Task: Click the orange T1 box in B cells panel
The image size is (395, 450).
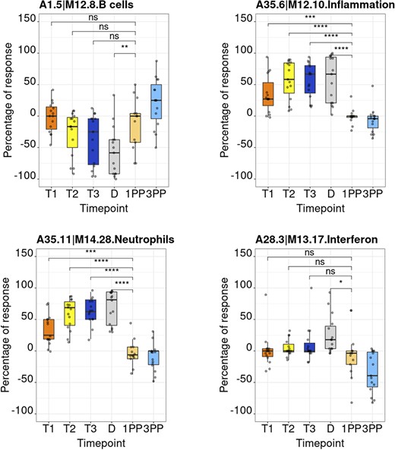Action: point(51,118)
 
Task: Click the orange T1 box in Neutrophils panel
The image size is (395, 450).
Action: point(51,329)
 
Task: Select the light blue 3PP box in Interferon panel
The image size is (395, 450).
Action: point(372,369)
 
